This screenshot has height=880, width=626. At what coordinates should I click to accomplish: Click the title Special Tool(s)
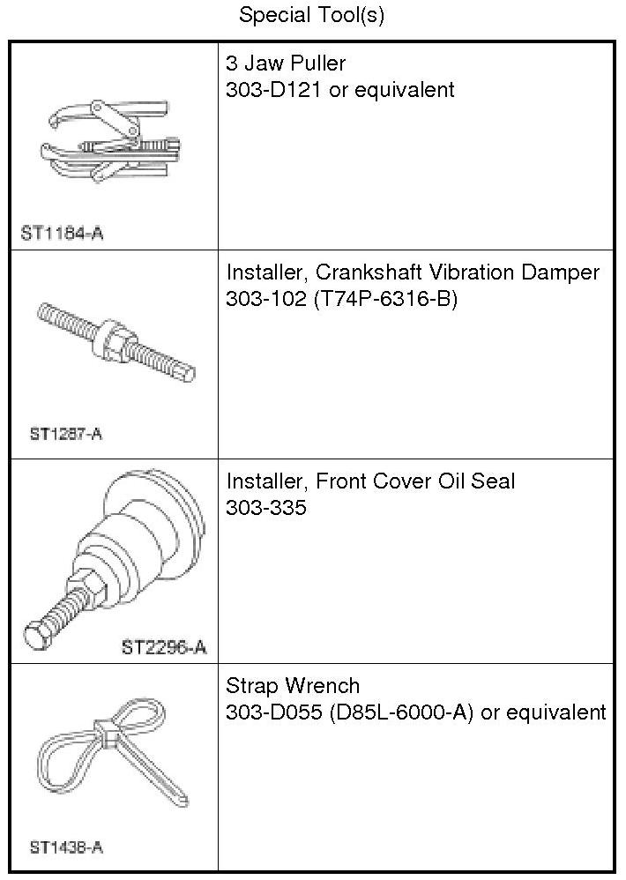tap(312, 16)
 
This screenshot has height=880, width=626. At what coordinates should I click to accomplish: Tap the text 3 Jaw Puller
tap(286, 63)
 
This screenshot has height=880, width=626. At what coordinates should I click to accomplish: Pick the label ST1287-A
tap(66, 434)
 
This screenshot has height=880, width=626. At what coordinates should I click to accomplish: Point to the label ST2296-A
tap(164, 648)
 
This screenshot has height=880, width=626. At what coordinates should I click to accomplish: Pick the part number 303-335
tap(267, 507)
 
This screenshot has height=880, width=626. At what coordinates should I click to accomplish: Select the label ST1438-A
tap(66, 847)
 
